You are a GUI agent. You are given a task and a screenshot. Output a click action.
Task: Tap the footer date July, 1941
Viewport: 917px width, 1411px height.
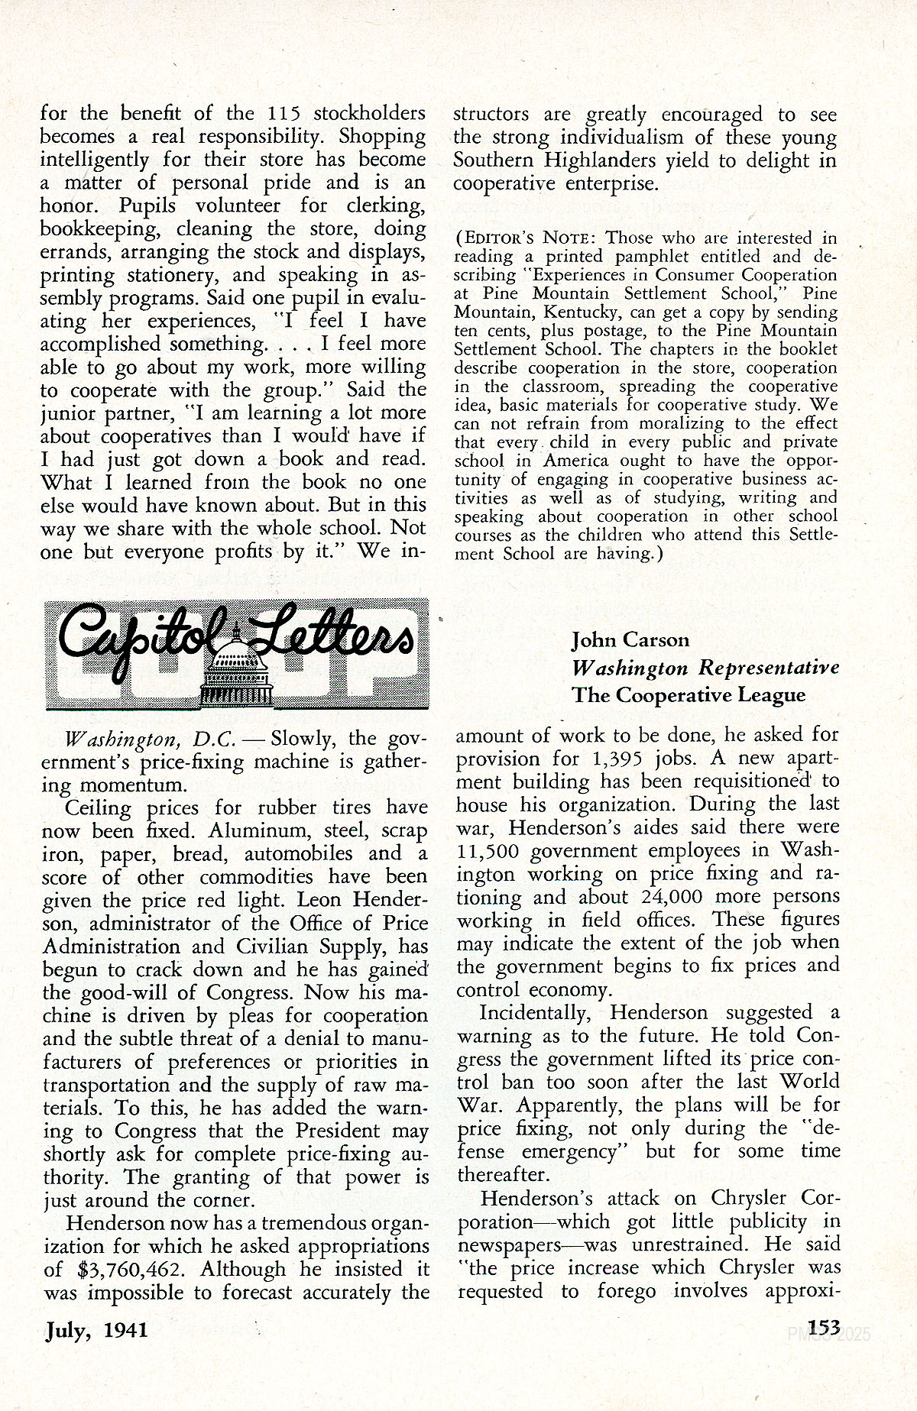pyautogui.click(x=96, y=1330)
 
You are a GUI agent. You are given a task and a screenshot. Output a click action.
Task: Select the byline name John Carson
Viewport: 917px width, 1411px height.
pyautogui.click(x=630, y=640)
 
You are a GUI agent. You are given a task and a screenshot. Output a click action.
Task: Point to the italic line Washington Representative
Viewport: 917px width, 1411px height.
pyautogui.click(x=705, y=668)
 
